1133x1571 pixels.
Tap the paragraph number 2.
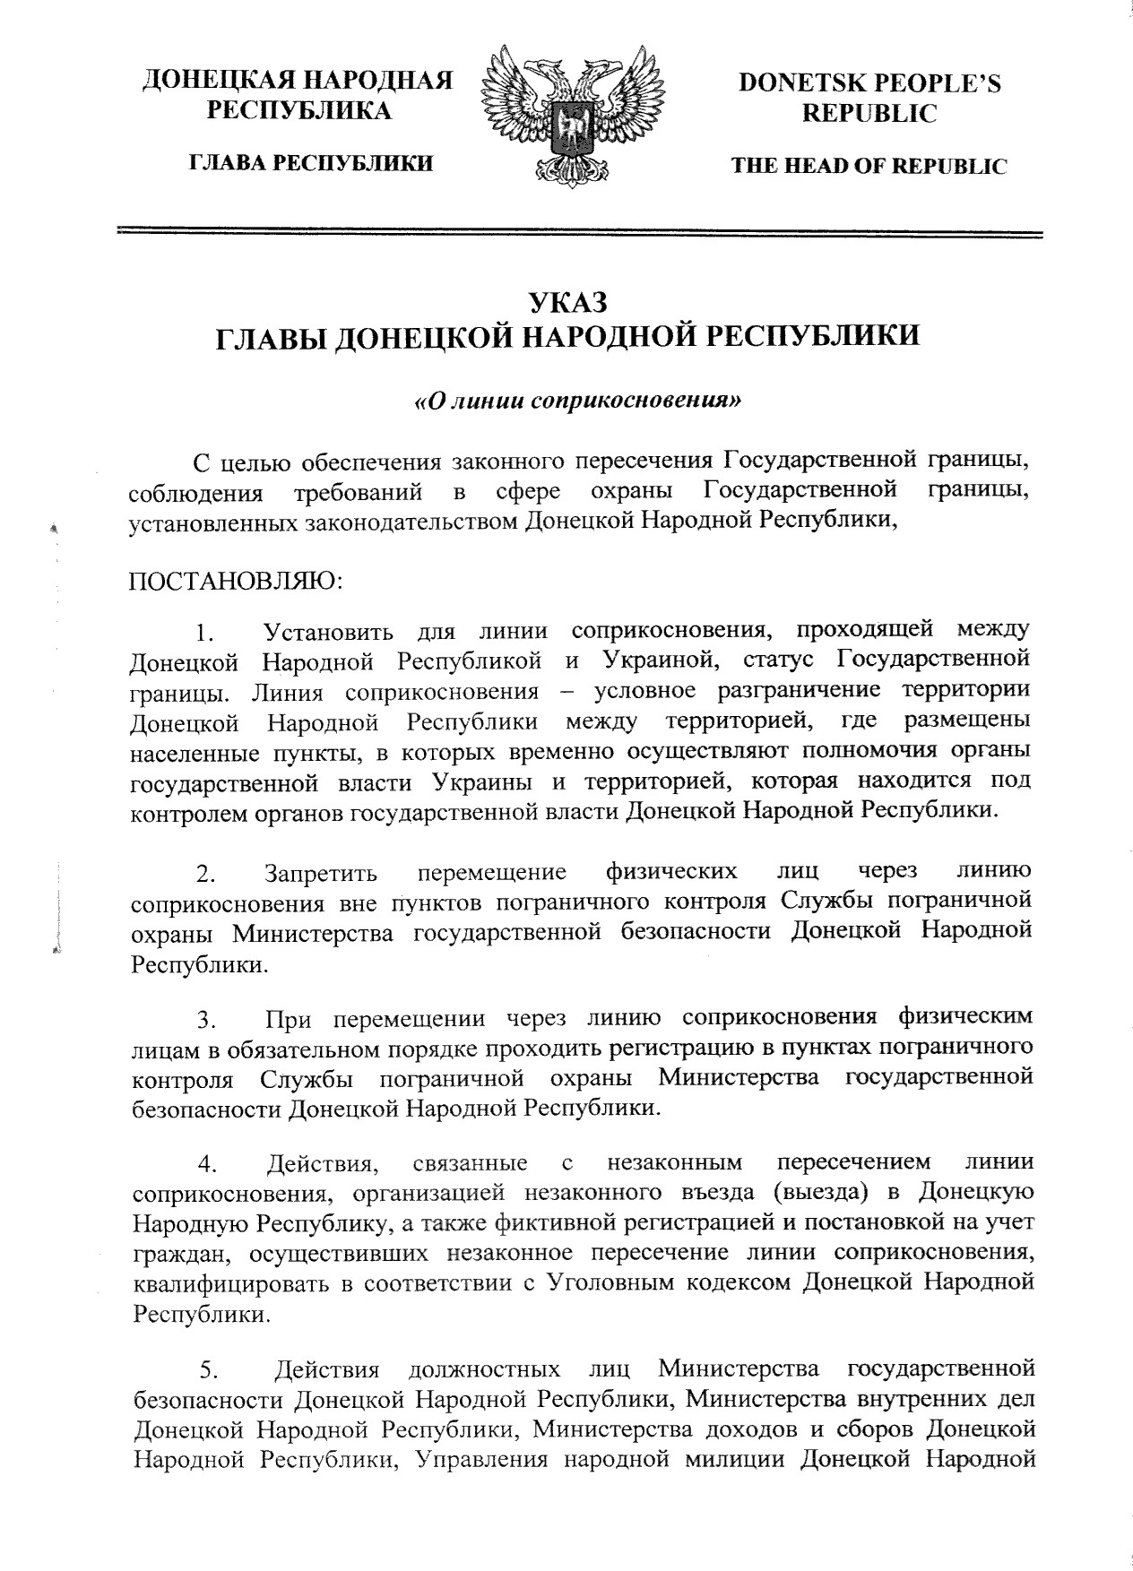coord(206,872)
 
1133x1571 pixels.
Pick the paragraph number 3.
coord(206,1019)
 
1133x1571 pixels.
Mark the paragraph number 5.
coord(208,1371)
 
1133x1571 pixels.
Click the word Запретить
coord(321,872)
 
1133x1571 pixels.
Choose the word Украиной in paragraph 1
coord(659,661)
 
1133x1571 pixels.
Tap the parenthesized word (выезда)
coord(822,1193)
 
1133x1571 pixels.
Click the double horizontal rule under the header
coord(580,233)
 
